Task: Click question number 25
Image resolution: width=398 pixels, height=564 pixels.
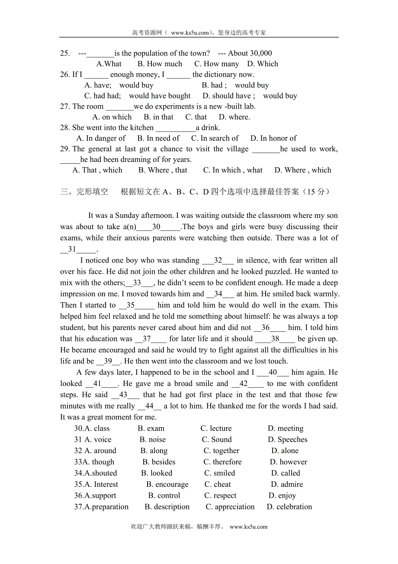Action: pos(65,53)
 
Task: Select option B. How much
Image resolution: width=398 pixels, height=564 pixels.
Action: pos(160,64)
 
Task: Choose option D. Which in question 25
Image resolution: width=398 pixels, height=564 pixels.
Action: pos(263,64)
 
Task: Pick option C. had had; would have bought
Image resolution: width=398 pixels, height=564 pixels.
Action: pos(137,96)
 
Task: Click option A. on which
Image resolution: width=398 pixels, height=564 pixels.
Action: pos(112,117)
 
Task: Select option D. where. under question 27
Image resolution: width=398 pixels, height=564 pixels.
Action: pos(234,117)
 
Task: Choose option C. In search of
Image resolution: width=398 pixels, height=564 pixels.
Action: pos(215,138)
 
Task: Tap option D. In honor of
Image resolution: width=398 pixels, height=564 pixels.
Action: pos(273,138)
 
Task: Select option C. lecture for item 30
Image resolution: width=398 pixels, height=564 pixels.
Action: pos(216,428)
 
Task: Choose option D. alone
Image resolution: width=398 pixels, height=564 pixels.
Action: pos(285,451)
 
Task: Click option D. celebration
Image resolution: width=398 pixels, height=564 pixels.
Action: pos(289,507)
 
